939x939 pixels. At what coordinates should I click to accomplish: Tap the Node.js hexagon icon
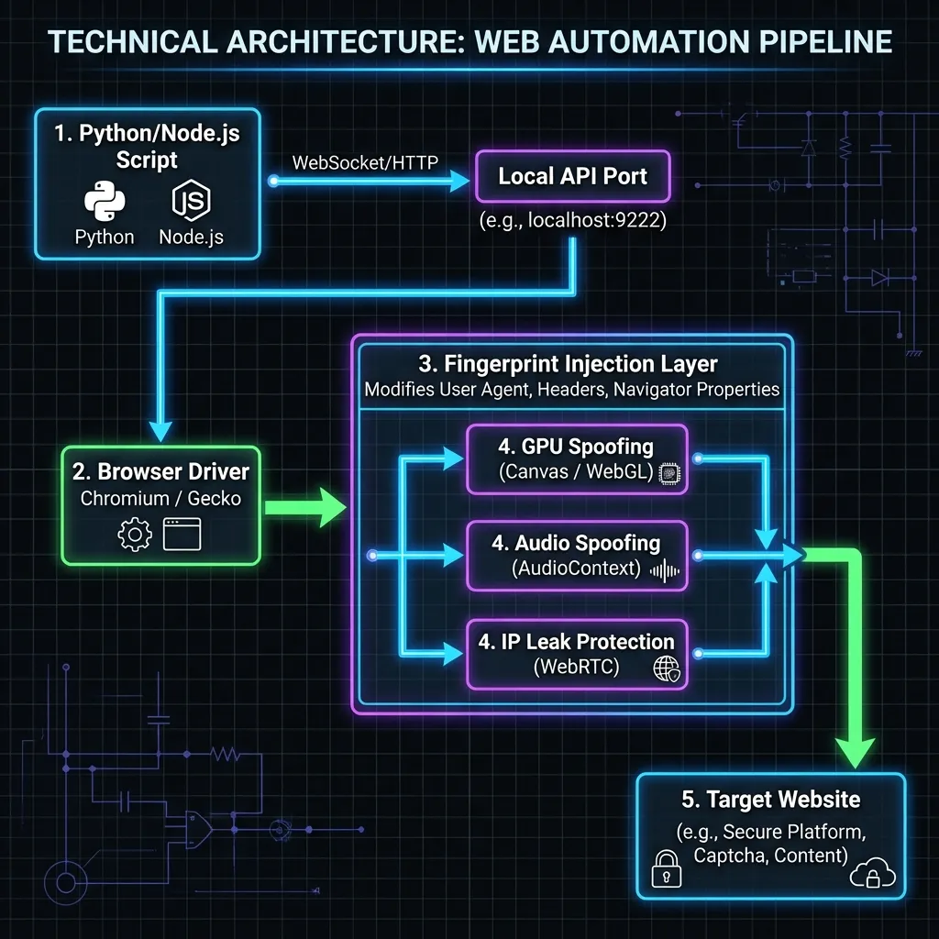tap(190, 201)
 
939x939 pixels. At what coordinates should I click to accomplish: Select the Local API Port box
tap(572, 176)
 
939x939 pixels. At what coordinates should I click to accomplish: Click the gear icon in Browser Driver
tap(135, 534)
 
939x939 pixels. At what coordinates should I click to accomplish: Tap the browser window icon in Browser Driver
tap(182, 534)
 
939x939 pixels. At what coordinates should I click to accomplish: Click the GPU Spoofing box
tap(577, 459)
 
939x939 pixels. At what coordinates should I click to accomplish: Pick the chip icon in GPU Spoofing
tap(670, 473)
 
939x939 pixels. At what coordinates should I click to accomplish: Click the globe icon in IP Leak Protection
tap(666, 669)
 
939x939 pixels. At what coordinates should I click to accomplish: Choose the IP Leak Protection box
tap(577, 654)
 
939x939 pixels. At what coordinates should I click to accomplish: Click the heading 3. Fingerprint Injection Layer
tap(573, 363)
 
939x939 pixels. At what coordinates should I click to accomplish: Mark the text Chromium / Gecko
tap(160, 499)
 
